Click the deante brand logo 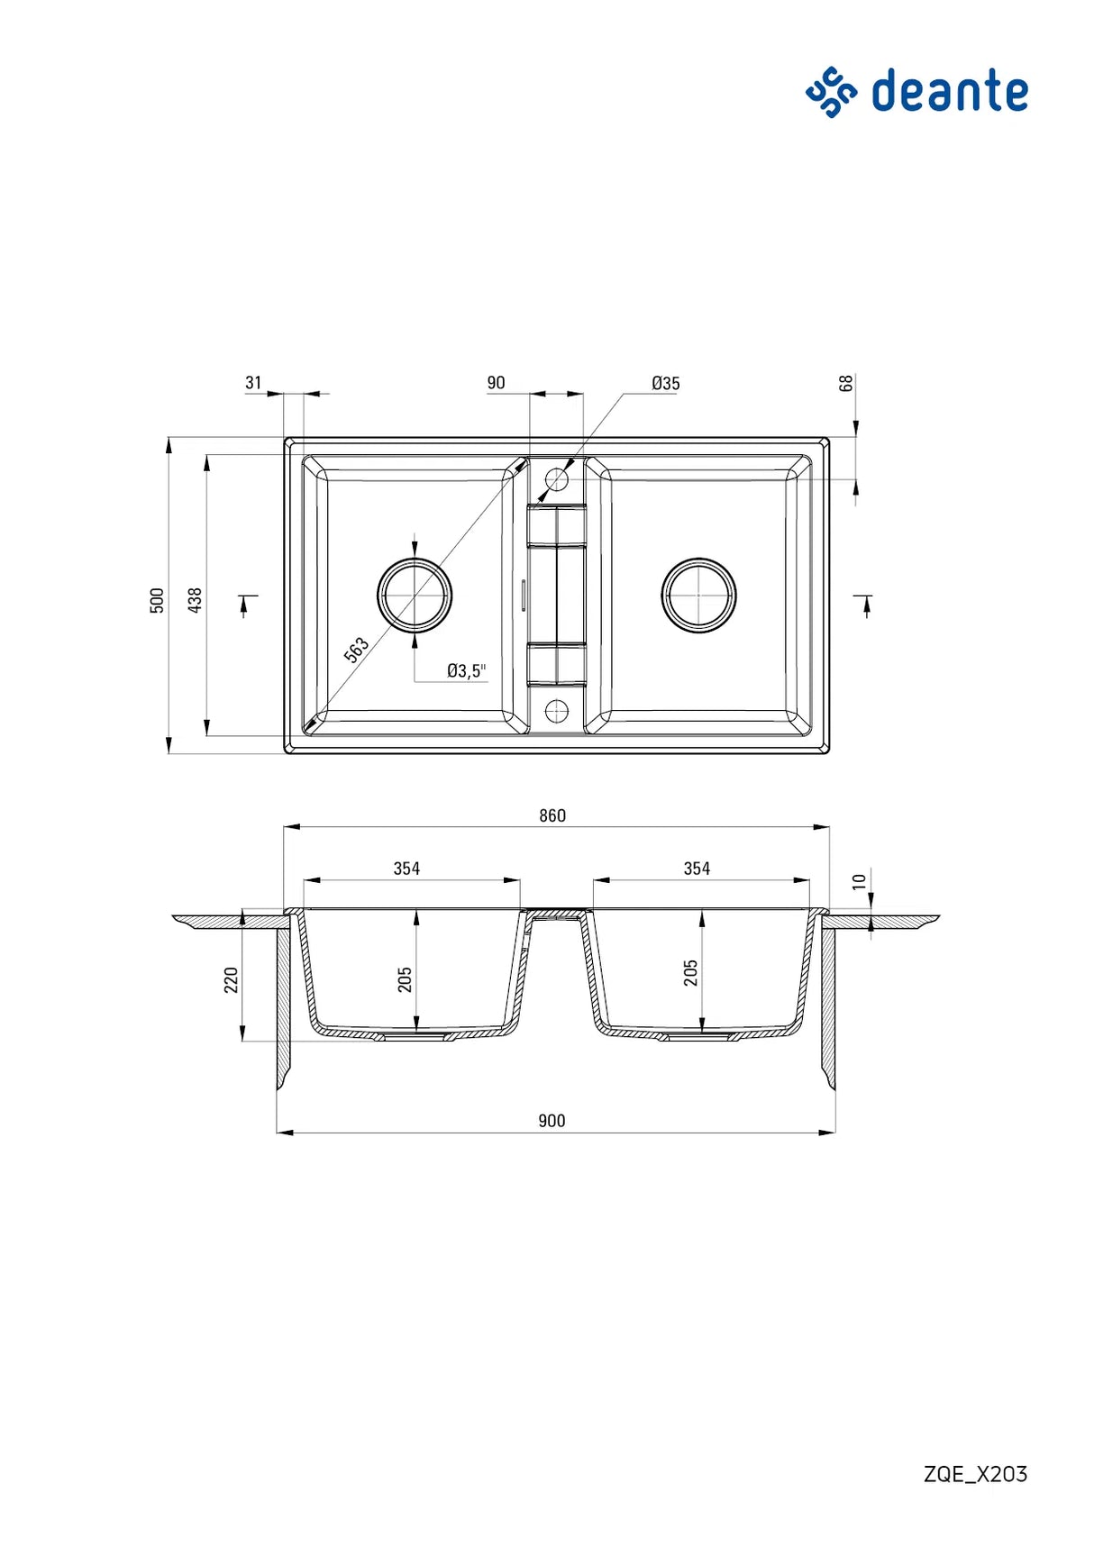916,92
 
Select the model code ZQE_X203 975,1474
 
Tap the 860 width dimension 552,815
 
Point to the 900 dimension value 552,1121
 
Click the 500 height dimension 158,601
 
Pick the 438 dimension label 195,600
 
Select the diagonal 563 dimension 357,650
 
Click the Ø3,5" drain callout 466,670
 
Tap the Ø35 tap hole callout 665,384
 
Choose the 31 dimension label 253,383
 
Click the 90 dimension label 496,383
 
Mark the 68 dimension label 845,383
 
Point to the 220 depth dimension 231,980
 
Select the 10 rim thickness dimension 859,881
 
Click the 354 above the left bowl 406,869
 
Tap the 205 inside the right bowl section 690,973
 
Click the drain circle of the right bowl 698,596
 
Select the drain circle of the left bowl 415,596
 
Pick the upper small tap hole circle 557,479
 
